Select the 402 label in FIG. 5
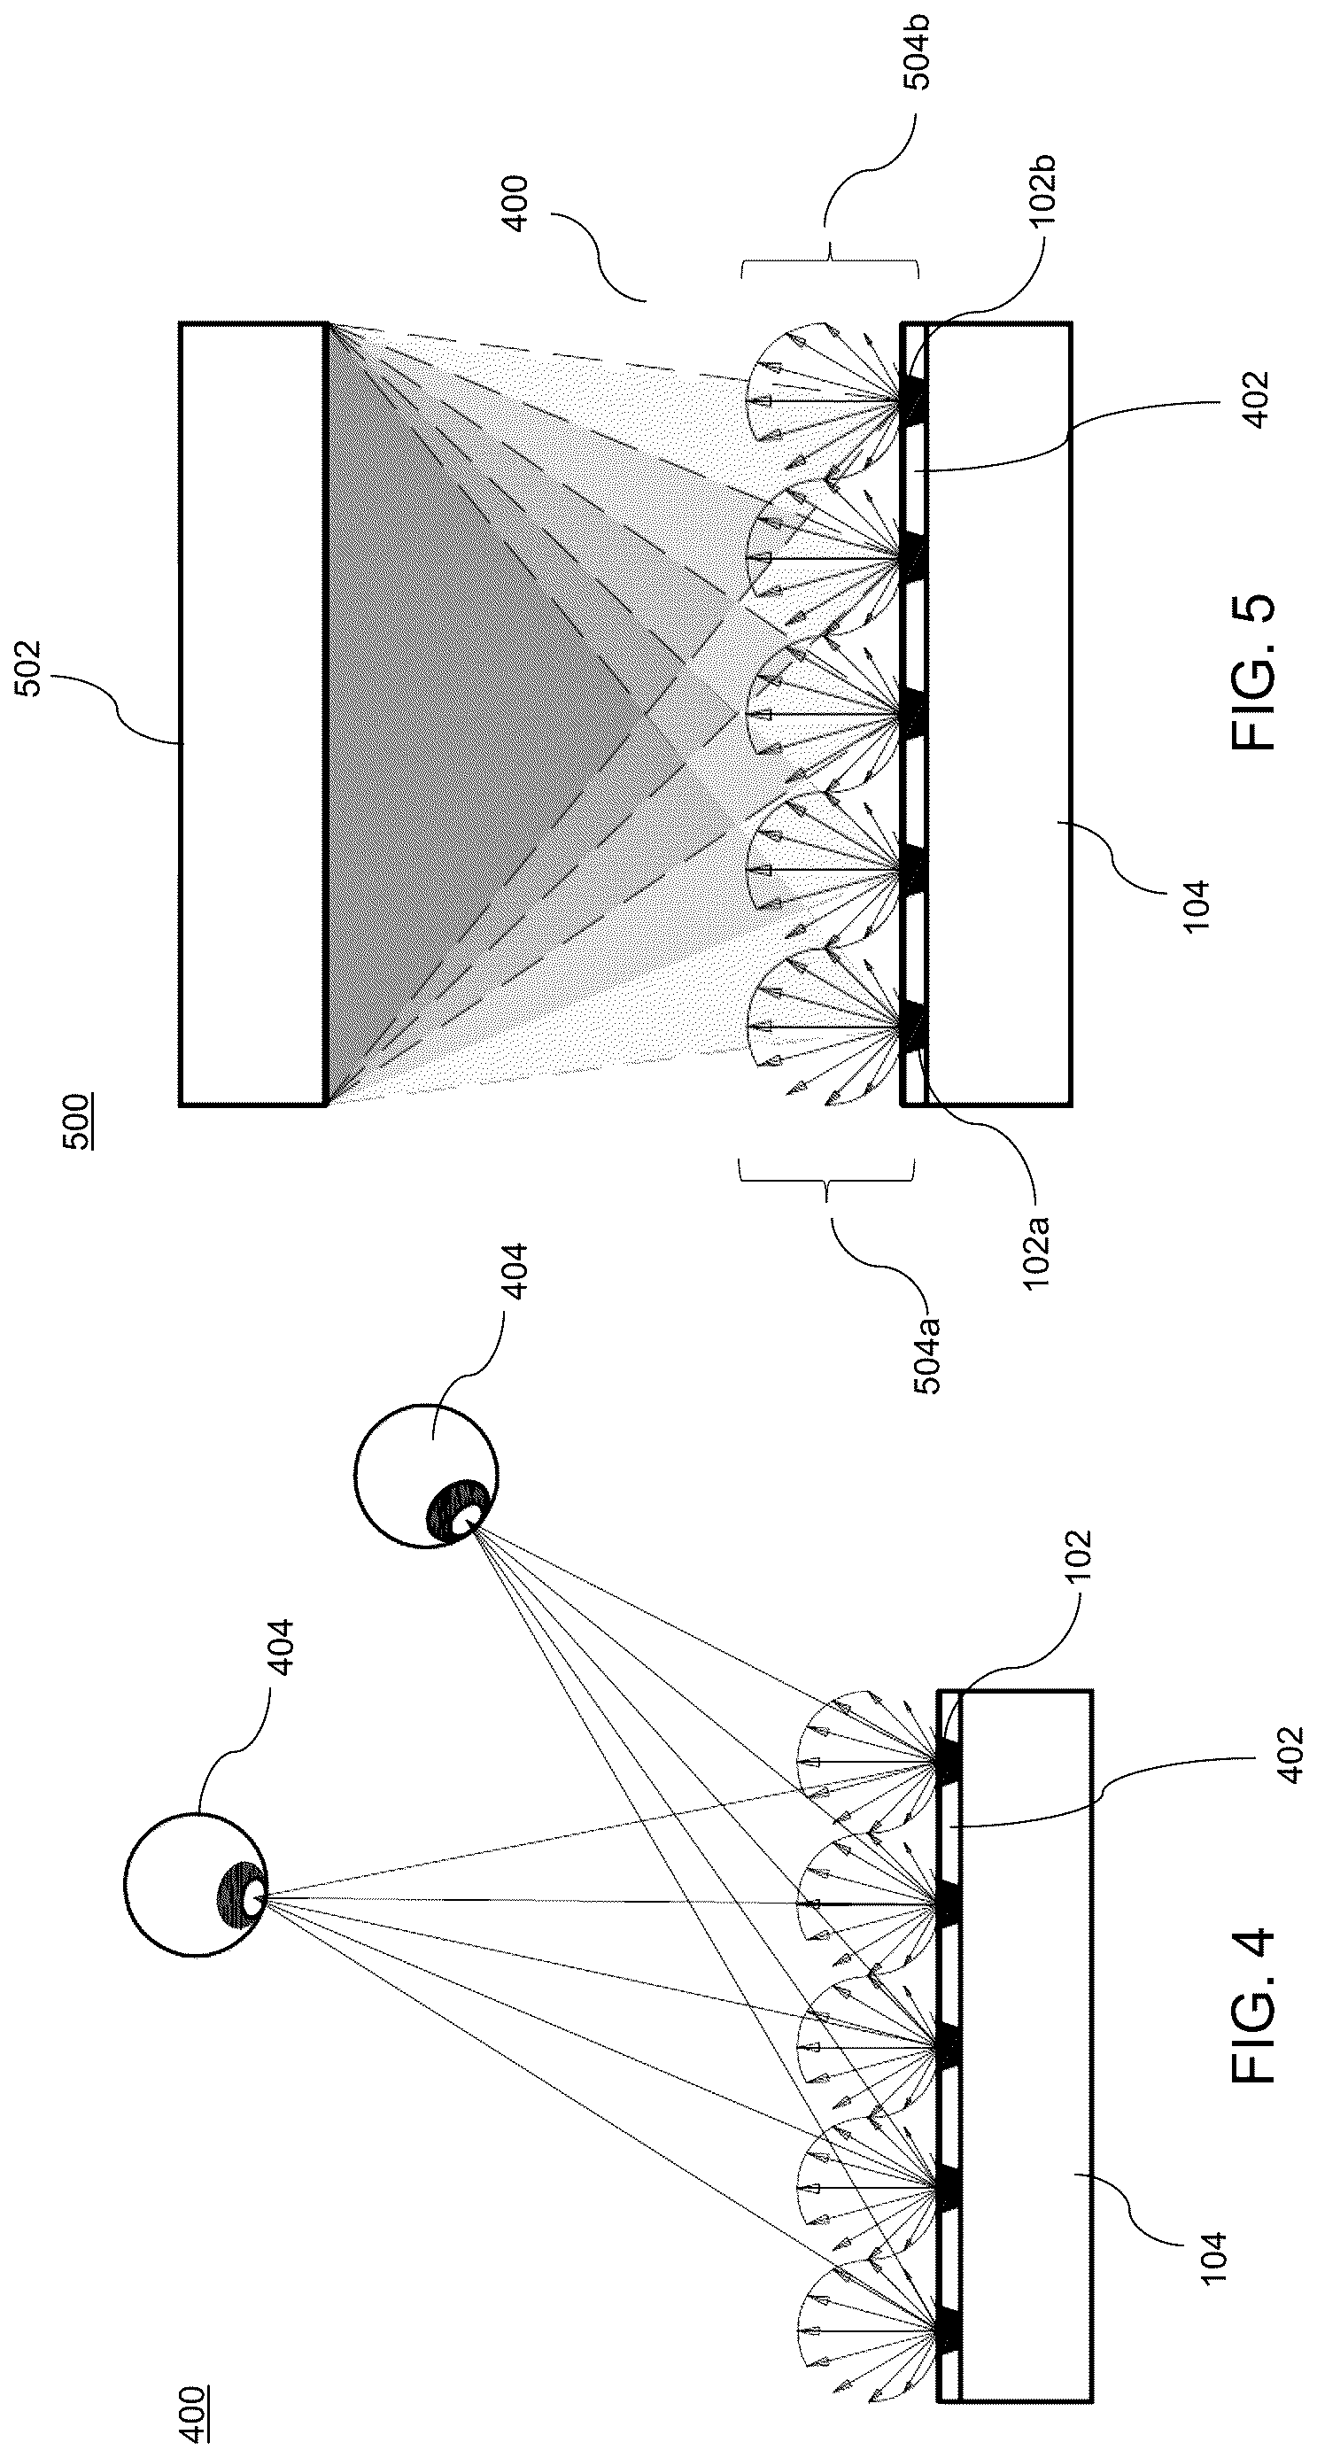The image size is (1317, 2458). click(x=1257, y=399)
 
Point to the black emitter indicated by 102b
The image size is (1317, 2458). click(x=912, y=399)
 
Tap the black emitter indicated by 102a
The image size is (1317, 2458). click(x=912, y=1027)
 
